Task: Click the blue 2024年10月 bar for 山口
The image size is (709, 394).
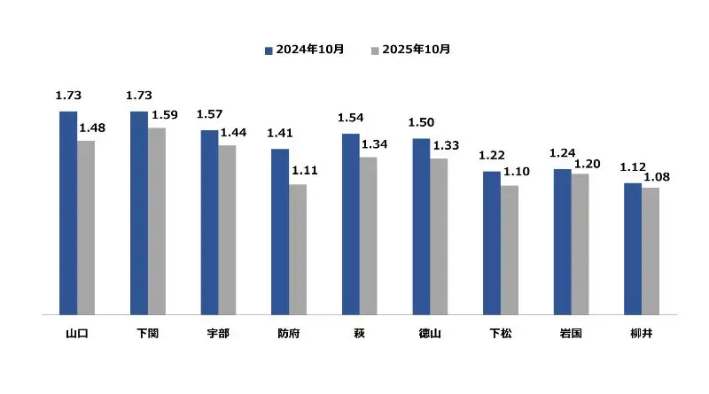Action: coord(67,212)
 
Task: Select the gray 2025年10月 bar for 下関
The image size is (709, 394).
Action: coord(156,220)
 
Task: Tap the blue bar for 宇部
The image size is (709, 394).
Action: coord(209,221)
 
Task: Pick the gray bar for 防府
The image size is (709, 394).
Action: coord(298,249)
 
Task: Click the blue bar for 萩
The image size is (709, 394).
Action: coord(350,223)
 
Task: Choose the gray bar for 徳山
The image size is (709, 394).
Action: coord(439,236)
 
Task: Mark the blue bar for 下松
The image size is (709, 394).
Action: coord(492,242)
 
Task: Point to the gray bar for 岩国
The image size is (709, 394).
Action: coord(580,243)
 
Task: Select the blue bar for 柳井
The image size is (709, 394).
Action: coord(633,248)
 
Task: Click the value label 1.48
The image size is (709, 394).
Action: coord(92,128)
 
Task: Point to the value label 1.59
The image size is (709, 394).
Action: coord(164,114)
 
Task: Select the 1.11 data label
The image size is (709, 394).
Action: coord(305,171)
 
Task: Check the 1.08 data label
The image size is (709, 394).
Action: coord(657,177)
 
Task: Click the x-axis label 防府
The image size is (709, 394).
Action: coord(289,335)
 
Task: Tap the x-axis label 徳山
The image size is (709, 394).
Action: coord(430,335)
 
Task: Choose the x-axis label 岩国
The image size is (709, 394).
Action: coord(571,335)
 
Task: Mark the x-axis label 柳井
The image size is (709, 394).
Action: coord(642,335)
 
